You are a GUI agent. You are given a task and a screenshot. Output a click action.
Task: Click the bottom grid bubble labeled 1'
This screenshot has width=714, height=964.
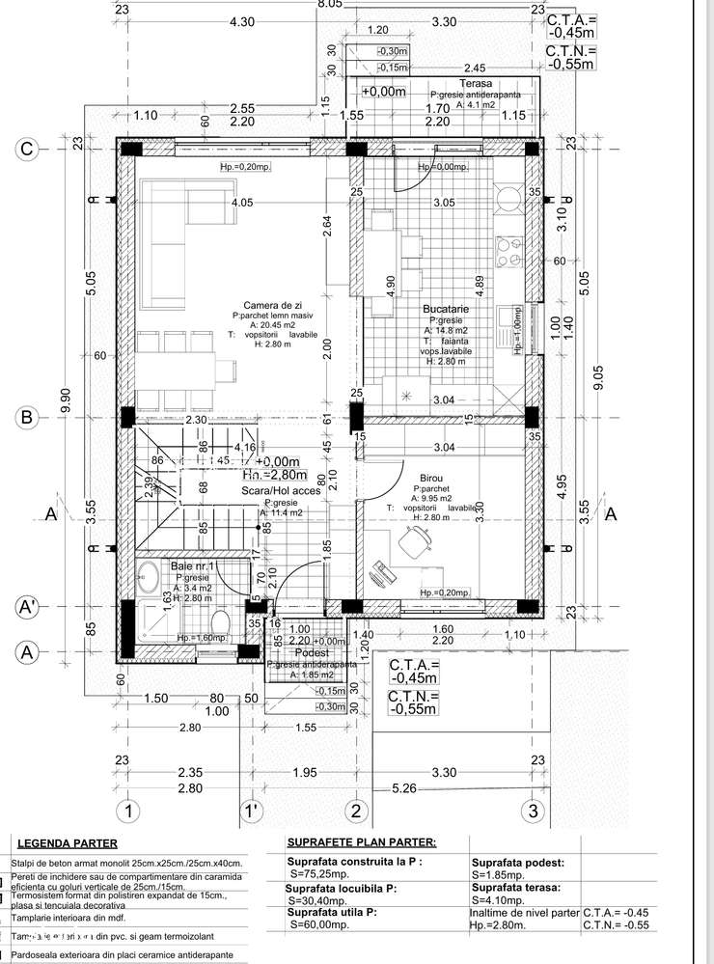pos(252,810)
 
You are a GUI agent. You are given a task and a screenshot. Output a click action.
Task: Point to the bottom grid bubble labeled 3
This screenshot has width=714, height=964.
pos(531,810)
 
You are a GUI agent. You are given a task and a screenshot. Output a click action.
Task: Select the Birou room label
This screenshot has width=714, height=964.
pos(431,479)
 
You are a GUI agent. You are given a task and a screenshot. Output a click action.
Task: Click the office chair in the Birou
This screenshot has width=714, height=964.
pos(416,546)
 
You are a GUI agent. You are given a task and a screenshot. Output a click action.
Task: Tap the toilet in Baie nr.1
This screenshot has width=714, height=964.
pos(220,620)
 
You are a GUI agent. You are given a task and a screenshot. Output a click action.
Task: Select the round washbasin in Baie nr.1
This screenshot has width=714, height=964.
pos(151,580)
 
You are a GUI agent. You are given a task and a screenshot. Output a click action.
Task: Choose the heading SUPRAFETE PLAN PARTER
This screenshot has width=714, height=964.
pos(362,842)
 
